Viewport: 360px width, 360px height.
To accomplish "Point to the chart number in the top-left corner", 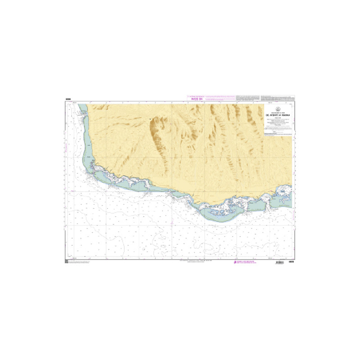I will pos(67,99).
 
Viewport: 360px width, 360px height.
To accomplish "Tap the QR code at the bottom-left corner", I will pos(66,261).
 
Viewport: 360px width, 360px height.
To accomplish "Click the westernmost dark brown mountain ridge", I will pos(157,130).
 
